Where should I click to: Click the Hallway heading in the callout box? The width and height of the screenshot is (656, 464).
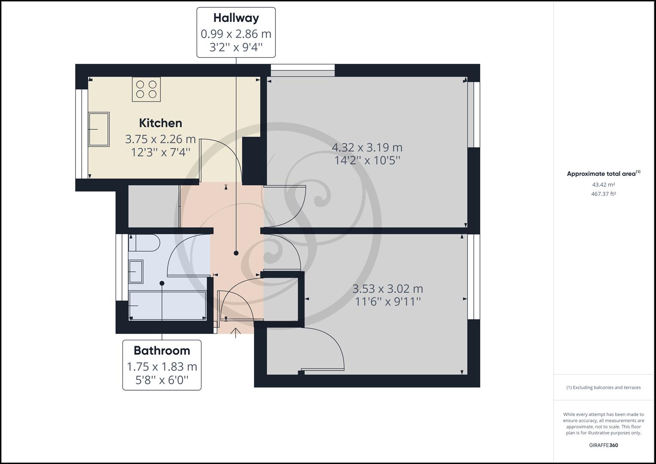pyautogui.click(x=236, y=18)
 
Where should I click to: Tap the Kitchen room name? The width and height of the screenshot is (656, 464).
pyautogui.click(x=161, y=123)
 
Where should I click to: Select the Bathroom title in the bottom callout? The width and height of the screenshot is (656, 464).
pyautogui.click(x=162, y=351)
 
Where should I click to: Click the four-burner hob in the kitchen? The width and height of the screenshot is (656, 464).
pyautogui.click(x=146, y=89)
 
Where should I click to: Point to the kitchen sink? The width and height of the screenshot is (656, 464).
pyautogui.click(x=99, y=129)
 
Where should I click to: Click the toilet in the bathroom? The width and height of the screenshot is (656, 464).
pyautogui.click(x=144, y=243)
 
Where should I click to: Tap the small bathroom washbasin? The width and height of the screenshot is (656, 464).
pyautogui.click(x=136, y=272)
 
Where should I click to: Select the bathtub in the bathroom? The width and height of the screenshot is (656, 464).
pyautogui.click(x=168, y=305)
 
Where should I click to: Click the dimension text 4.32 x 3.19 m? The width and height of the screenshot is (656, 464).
pyautogui.click(x=367, y=148)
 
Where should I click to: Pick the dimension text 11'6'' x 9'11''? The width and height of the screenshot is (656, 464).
pyautogui.click(x=387, y=302)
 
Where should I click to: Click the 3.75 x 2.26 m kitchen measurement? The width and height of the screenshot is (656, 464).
pyautogui.click(x=160, y=139)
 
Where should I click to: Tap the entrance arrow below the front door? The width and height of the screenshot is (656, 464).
pyautogui.click(x=235, y=333)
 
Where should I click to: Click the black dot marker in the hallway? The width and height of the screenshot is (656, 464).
pyautogui.click(x=236, y=253)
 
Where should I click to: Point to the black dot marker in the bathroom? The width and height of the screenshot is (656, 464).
pyautogui.click(x=162, y=283)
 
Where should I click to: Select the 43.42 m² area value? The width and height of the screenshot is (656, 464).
pyautogui.click(x=603, y=185)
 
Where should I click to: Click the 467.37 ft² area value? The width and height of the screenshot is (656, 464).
pyautogui.click(x=603, y=194)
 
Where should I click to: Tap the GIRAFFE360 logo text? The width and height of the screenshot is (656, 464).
pyautogui.click(x=603, y=445)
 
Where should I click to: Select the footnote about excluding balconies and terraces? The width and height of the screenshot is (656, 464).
pyautogui.click(x=603, y=388)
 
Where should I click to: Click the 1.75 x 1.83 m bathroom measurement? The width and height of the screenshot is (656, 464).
pyautogui.click(x=162, y=367)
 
